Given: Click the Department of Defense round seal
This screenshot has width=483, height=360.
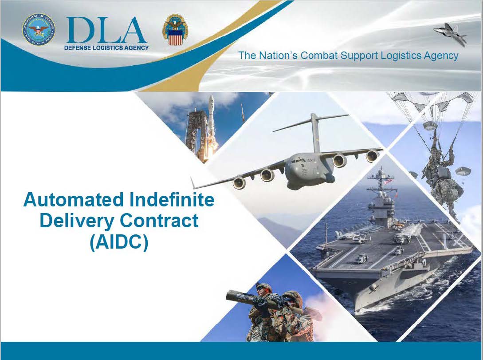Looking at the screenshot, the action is pyautogui.click(x=39, y=30).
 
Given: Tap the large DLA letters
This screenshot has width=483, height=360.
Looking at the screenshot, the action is pyautogui.click(x=106, y=30).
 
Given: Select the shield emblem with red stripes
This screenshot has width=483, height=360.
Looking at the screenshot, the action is pyautogui.click(x=175, y=30).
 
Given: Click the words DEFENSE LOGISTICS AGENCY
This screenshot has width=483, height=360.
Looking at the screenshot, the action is pyautogui.click(x=106, y=48).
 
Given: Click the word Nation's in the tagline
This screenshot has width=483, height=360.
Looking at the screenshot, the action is pyautogui.click(x=278, y=55).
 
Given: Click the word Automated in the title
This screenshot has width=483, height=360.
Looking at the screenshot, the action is pyautogui.click(x=75, y=199).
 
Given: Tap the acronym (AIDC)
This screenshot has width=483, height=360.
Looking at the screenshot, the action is pyautogui.click(x=119, y=242).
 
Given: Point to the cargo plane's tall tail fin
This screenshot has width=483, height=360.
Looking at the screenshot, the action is pyautogui.click(x=314, y=133).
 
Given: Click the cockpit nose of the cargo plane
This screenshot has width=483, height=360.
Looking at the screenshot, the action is pyautogui.click(x=296, y=164).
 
